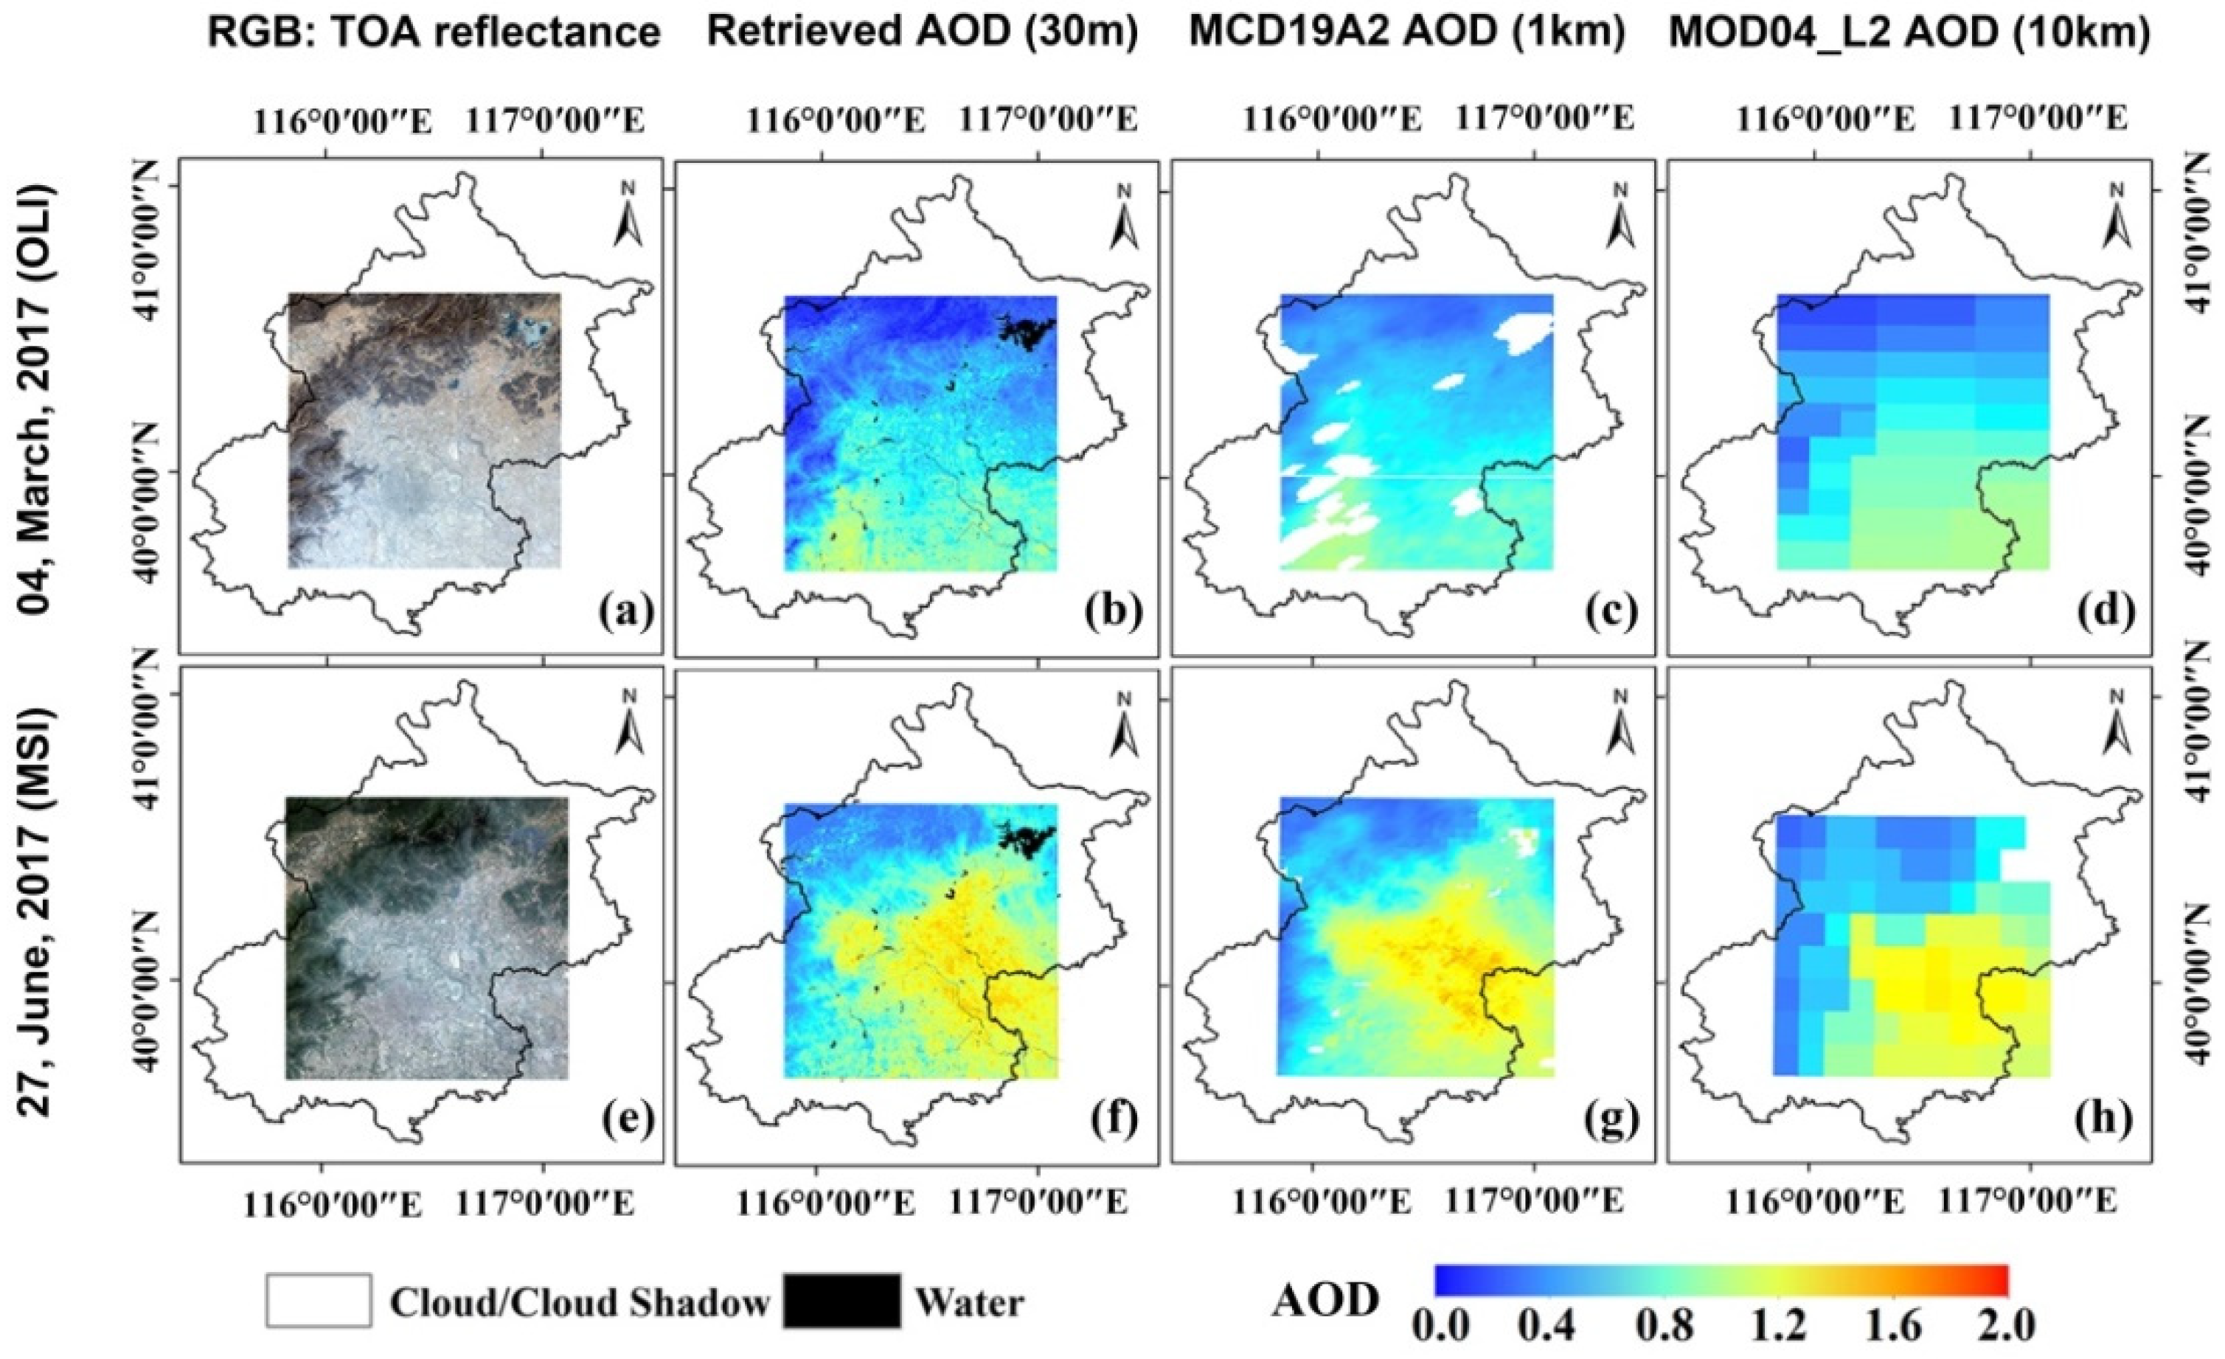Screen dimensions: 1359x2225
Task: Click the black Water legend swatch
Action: tap(841, 1301)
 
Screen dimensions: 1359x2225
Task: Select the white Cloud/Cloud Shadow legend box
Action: tap(319, 1301)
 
